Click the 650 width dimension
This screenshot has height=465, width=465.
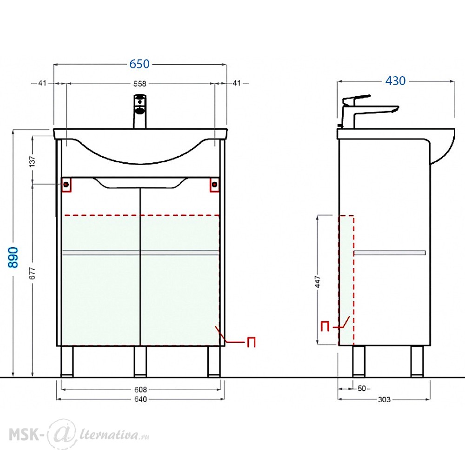139,64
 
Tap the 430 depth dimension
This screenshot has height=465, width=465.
395,80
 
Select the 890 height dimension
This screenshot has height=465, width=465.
13,258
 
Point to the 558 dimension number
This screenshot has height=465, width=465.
139,84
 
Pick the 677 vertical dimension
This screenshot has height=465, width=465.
33,273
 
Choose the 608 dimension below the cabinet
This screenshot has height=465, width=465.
140,389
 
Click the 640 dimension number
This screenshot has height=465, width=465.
140,399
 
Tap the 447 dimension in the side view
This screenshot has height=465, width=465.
318,281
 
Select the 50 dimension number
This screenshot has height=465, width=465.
362,388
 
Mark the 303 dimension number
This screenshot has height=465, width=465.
384,399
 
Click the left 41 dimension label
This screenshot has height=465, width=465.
42,83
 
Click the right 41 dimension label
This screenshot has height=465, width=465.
236,83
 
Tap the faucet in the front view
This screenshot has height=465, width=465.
140,111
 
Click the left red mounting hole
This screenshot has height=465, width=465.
66,185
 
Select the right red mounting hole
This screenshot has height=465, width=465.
215,185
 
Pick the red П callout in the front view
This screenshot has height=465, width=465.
251,342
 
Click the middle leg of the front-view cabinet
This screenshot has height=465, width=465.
140,361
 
